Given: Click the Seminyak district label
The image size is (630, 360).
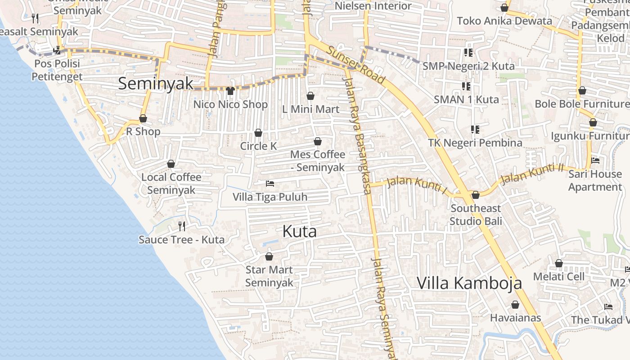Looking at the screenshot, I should point(156,84).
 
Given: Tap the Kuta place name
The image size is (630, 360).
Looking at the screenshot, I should point(299,231).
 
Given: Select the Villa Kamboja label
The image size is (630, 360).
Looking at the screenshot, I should point(469,283).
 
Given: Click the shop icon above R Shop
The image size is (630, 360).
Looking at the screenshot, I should point(143,119).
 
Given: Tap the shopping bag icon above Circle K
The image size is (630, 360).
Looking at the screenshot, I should point(258,133).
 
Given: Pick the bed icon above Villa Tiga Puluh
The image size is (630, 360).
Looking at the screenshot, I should point(270,184).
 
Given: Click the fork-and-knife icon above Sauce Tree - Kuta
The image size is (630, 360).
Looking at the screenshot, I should point(182,226).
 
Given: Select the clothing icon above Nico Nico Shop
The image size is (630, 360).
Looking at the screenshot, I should point(230,91).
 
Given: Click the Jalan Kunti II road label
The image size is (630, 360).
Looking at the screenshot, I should point(532,173).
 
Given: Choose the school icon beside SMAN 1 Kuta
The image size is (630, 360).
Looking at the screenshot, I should point(466,86).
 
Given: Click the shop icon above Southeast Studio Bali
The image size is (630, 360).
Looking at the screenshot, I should point(476,195).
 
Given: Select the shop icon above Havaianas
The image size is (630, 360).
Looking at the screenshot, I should point(515,305).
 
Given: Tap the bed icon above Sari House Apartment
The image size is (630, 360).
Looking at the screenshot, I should point(595,160).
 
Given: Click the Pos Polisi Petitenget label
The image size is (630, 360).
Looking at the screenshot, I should point(57,70).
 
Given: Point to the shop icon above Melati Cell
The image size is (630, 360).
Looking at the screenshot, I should point(559,263).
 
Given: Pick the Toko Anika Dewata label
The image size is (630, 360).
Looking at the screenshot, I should point(504,21).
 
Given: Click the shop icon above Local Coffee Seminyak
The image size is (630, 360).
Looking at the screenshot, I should point(171,164).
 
